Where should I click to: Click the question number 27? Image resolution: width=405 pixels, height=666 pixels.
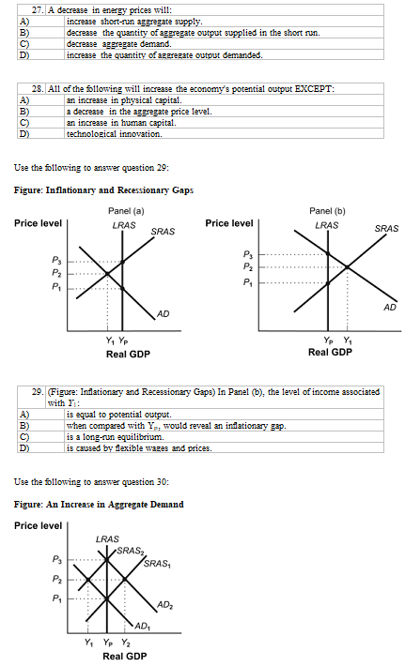pyautogui.click(x=36, y=8)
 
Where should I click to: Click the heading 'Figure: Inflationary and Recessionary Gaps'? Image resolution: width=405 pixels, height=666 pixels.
pyautogui.click(x=104, y=190)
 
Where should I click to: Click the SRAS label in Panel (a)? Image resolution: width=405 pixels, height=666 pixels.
pyautogui.click(x=162, y=231)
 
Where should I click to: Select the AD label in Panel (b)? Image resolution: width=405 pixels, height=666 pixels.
pyautogui.click(x=390, y=306)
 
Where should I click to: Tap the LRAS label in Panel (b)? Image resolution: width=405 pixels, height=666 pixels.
pyautogui.click(x=327, y=225)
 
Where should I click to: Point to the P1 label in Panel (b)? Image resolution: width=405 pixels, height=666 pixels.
pyautogui.click(x=247, y=281)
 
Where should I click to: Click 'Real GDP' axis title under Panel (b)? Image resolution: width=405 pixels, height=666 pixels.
pyautogui.click(x=330, y=353)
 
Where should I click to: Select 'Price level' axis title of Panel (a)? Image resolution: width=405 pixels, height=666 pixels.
pyautogui.click(x=38, y=223)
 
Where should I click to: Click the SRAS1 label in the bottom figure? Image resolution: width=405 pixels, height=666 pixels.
pyautogui.click(x=157, y=563)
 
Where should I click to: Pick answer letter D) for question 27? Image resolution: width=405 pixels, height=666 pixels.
pyautogui.click(x=23, y=55)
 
